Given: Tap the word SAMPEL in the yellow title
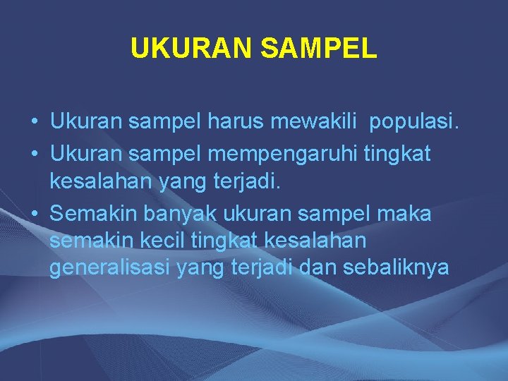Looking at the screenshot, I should [x=318, y=49].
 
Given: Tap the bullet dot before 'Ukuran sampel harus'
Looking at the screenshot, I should [x=34, y=123].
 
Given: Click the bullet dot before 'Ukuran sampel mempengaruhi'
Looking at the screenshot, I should [x=34, y=154].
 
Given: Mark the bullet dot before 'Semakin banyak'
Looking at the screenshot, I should [x=34, y=213].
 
